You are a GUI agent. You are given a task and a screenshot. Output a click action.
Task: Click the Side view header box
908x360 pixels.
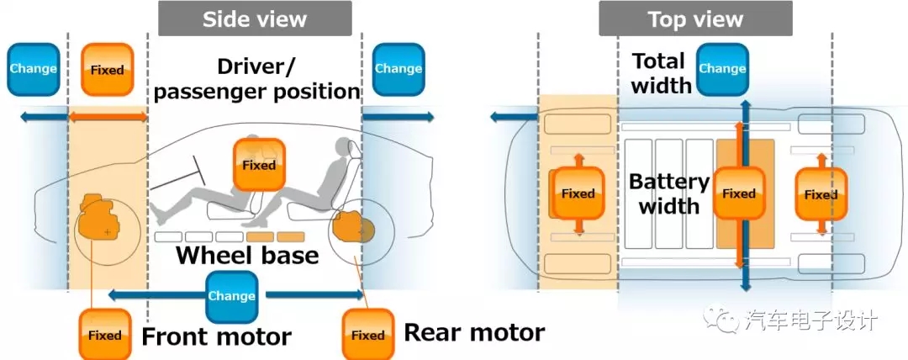(x=255, y=18)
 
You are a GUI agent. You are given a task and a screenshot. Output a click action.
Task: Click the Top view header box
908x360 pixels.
(x=695, y=18)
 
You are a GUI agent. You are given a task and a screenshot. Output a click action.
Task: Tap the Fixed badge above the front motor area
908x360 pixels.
(x=107, y=70)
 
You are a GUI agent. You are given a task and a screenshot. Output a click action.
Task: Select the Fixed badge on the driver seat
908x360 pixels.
(x=259, y=165)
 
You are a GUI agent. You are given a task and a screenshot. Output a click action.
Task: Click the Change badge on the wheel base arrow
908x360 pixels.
(x=231, y=296)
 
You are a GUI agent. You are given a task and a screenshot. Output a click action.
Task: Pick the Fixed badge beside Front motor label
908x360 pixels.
(x=105, y=335)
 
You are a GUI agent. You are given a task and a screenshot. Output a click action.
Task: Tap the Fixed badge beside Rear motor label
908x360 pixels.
(x=367, y=335)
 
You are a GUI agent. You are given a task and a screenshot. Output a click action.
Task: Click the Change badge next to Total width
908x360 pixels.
(x=722, y=69)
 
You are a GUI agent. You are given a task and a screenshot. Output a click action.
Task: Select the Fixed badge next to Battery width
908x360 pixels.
(x=739, y=193)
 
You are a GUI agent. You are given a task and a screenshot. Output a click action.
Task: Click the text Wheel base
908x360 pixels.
(x=247, y=255)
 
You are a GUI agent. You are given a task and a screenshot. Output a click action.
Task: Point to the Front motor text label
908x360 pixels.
(x=216, y=337)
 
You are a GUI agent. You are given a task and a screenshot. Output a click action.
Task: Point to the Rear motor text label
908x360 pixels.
(x=474, y=332)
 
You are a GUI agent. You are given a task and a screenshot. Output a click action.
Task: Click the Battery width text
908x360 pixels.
(x=669, y=193)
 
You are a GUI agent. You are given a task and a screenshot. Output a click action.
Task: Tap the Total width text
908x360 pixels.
(x=661, y=72)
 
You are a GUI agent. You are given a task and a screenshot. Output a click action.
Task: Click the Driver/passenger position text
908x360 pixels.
(x=257, y=78)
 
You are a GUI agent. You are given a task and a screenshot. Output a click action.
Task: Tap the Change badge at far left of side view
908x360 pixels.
(x=33, y=69)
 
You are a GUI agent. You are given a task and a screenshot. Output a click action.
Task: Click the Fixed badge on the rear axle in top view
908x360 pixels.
(x=820, y=194)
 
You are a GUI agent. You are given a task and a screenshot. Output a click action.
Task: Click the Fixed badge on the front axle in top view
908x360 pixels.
(x=578, y=193)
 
